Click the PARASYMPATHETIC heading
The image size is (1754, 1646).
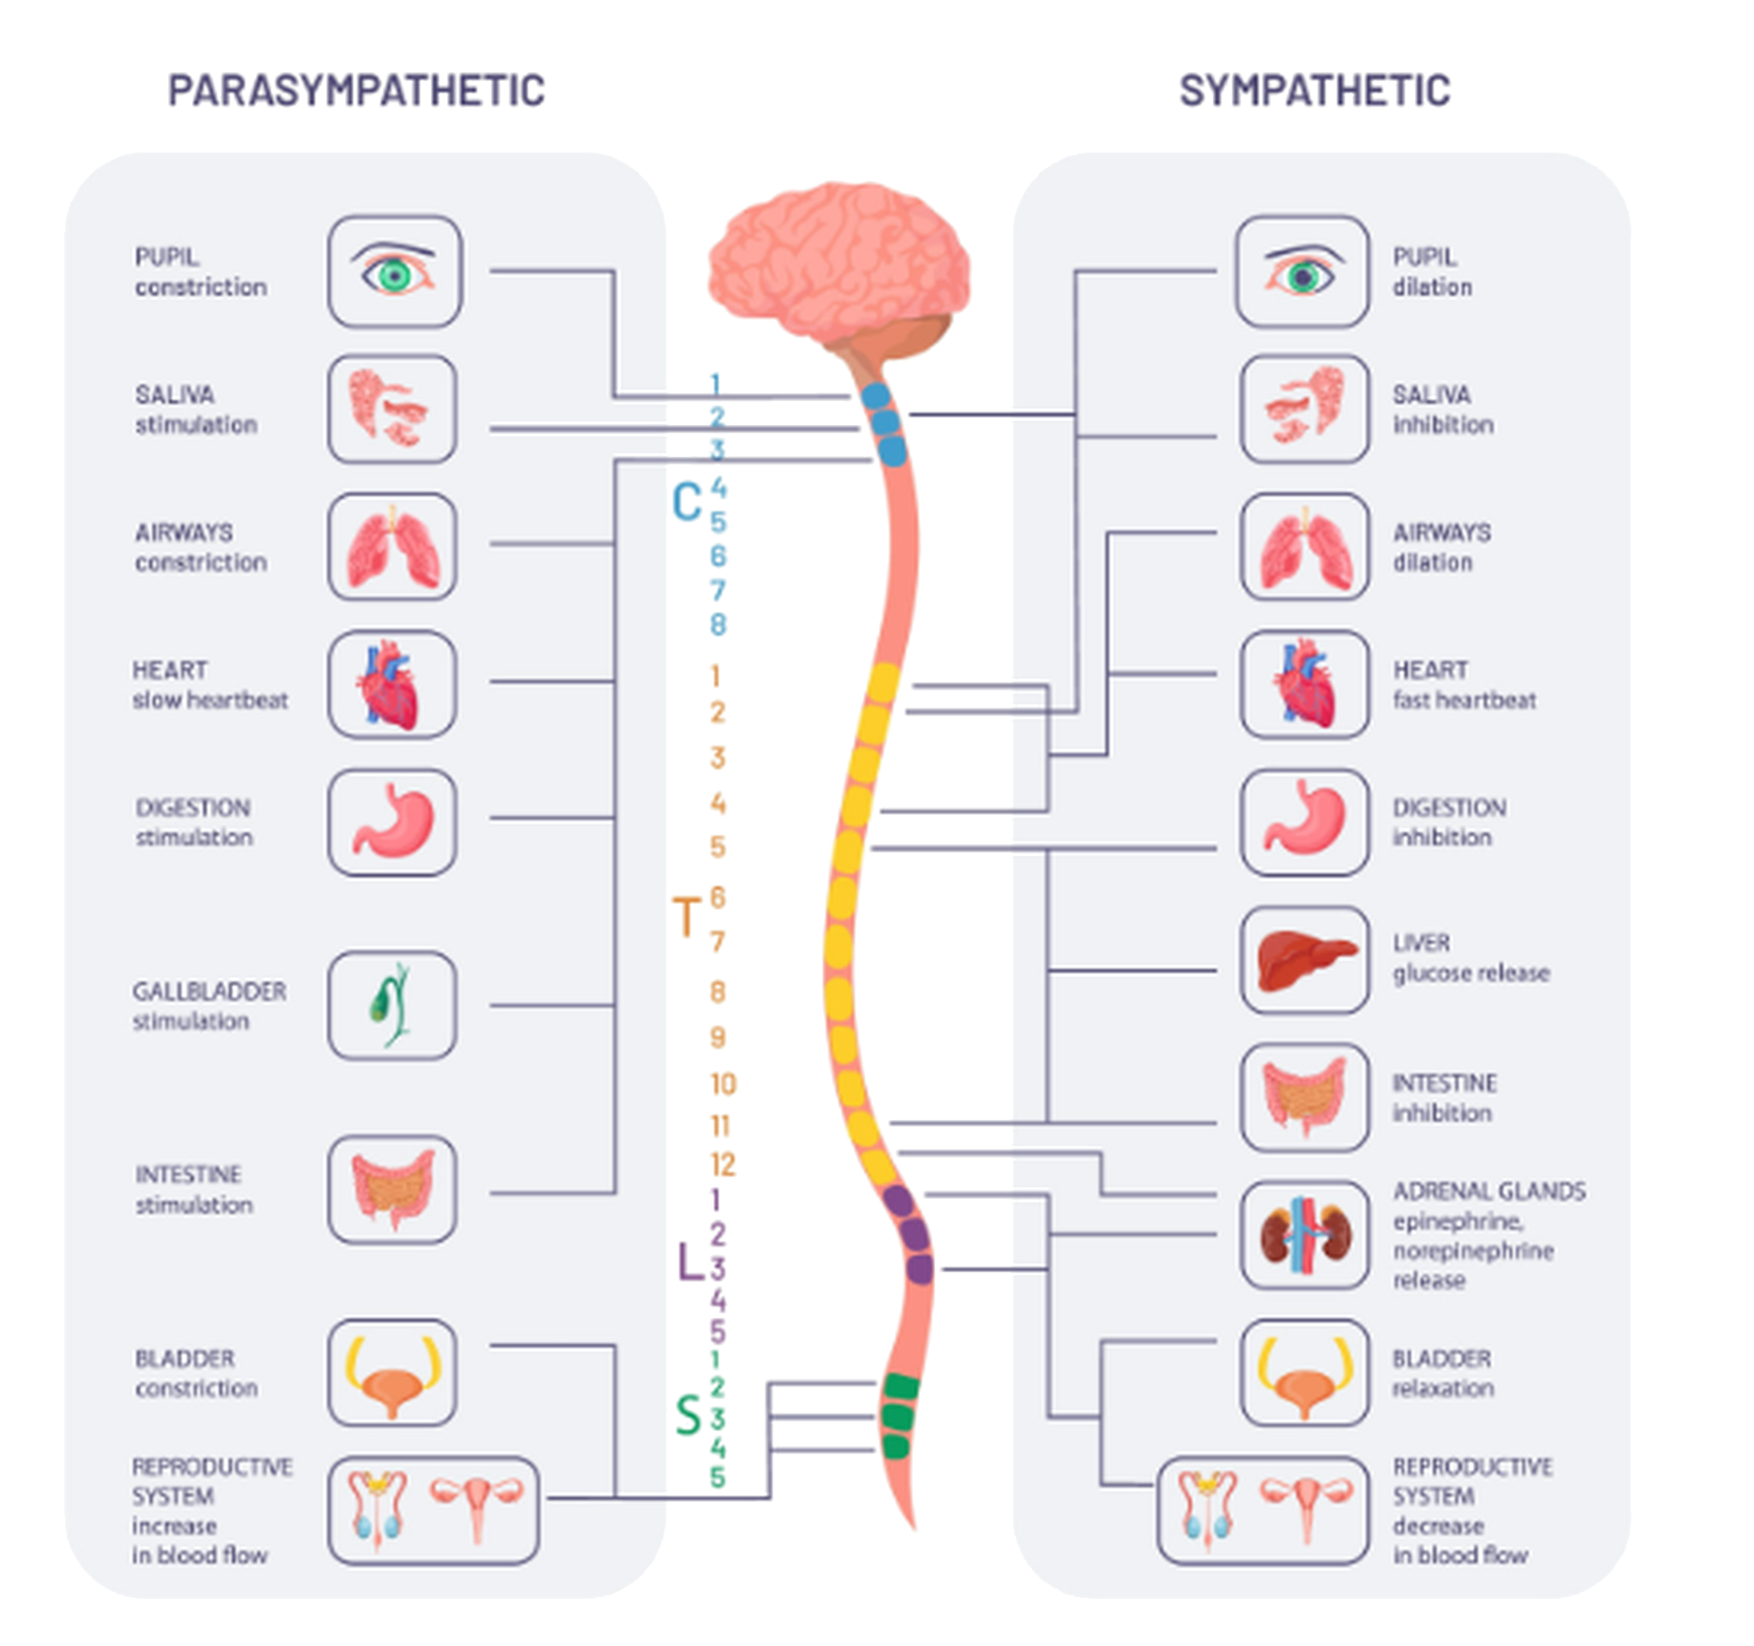pyautogui.click(x=356, y=90)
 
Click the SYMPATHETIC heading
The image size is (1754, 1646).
pyautogui.click(x=1315, y=90)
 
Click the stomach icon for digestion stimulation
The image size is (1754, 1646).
pyautogui.click(x=394, y=822)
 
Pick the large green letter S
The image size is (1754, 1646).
pyautogui.click(x=689, y=1415)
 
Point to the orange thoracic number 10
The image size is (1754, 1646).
pyautogui.click(x=724, y=1084)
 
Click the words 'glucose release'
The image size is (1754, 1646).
pyautogui.click(x=1471, y=973)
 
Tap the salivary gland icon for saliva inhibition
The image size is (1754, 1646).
pyautogui.click(x=1306, y=408)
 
